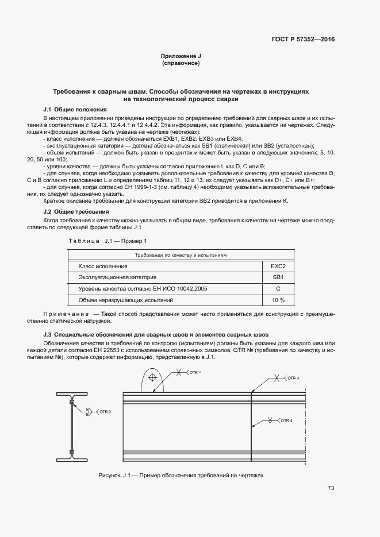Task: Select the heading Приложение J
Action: tap(181, 56)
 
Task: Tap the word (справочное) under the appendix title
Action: tap(181, 63)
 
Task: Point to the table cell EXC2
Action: tap(278, 266)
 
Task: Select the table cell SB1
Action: tap(278, 277)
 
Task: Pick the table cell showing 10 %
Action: tap(278, 300)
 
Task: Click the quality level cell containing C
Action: tap(278, 288)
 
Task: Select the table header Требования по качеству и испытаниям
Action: tap(181, 254)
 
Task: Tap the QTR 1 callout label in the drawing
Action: tap(195, 373)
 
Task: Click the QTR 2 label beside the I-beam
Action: tap(105, 411)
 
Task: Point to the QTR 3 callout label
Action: tap(293, 377)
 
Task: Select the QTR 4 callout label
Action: tap(286, 420)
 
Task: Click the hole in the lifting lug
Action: tap(152, 378)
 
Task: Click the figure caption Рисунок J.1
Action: tap(181, 476)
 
